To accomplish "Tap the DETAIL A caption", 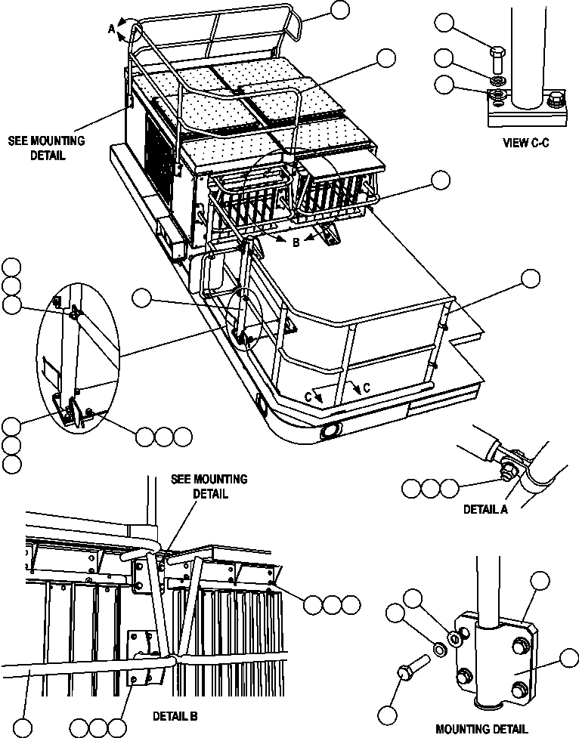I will pyautogui.click(x=485, y=509).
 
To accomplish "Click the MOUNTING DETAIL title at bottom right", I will pyautogui.click(x=483, y=729).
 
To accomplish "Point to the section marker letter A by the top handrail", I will pyautogui.click(x=111, y=29).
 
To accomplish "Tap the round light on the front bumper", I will pyautogui.click(x=330, y=433).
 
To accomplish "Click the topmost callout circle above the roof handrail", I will pyautogui.click(x=340, y=9).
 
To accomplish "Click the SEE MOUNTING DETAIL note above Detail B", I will pyautogui.click(x=209, y=486).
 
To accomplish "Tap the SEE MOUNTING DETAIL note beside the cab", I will pyautogui.click(x=47, y=148).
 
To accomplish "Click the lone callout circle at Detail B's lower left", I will pyautogui.click(x=25, y=728).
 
